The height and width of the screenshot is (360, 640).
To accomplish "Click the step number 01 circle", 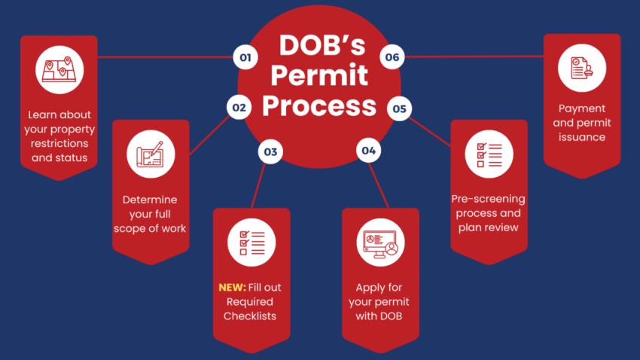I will (244, 56).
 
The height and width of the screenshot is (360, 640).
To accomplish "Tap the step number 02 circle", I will (239, 108).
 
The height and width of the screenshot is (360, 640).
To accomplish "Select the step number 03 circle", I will (270, 152).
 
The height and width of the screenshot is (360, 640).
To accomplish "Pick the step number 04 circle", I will (368, 151).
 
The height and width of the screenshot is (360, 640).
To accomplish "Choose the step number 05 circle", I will (399, 109).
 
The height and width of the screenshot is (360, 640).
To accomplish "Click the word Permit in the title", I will (320, 75).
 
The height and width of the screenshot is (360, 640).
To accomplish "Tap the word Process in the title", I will (319, 105).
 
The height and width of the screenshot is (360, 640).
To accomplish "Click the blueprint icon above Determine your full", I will (151, 154).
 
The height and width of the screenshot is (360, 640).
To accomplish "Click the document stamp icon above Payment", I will (581, 69).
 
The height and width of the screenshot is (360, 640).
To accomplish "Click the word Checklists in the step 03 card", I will (250, 316).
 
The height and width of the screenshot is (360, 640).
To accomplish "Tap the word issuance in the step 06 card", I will (582, 137).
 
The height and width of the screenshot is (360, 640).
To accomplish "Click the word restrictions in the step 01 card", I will (59, 143).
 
